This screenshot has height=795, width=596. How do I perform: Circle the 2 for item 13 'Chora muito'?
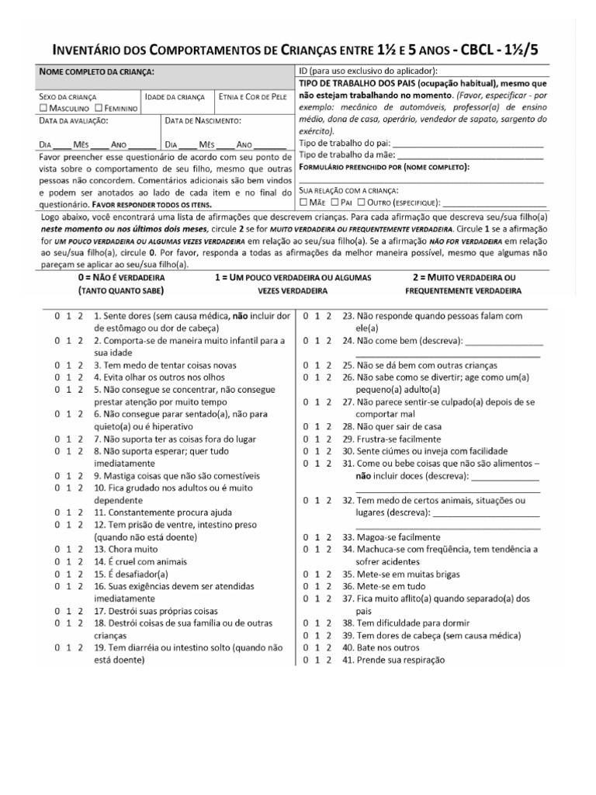click(81, 549)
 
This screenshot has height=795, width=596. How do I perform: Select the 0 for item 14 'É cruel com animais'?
click(57, 561)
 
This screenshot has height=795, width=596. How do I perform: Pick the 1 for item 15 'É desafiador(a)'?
click(69, 574)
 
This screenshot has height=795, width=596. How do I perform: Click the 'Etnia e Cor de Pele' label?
click(252, 97)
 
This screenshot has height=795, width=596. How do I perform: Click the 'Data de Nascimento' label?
click(203, 121)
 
